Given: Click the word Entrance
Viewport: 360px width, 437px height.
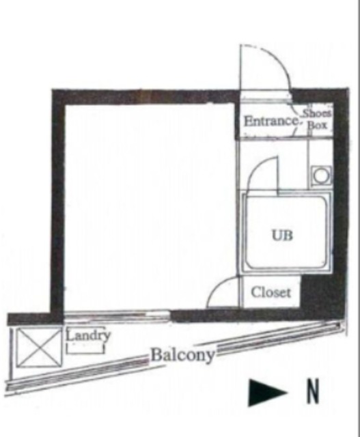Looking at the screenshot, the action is (x=271, y=122).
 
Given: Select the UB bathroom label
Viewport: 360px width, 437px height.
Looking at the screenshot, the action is (x=282, y=236).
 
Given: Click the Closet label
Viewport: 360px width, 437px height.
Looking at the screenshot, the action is (x=271, y=292).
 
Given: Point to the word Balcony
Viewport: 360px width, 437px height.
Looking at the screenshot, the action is (x=182, y=355).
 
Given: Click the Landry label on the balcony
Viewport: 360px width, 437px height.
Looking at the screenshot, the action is (x=88, y=335).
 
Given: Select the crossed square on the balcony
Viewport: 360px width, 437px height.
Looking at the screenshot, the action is (x=39, y=348).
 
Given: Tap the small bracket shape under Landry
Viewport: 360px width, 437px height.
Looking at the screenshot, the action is (x=85, y=349).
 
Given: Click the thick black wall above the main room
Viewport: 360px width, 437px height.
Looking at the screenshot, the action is (x=145, y=97).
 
